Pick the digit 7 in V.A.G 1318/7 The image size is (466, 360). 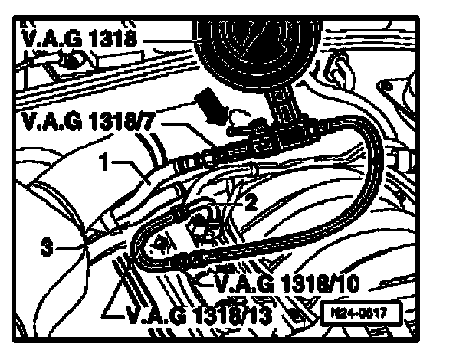point(159,120)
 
